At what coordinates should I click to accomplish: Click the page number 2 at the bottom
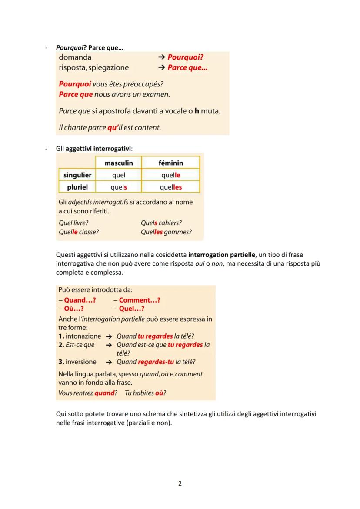point(180,483)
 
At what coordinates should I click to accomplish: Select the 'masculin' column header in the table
point(119,163)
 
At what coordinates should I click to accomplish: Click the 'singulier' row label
point(77,175)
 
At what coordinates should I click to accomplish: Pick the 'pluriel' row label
point(77,187)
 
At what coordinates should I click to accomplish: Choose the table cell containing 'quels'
point(119,187)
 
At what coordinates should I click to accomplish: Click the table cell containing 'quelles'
point(170,187)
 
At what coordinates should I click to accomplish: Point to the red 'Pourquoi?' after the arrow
point(186,57)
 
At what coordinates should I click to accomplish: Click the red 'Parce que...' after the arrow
point(187,68)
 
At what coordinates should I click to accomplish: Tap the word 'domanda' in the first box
point(75,57)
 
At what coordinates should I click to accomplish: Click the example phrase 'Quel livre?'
point(73,223)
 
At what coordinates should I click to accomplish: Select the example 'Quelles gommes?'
point(166,232)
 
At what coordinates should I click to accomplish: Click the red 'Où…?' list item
point(73,309)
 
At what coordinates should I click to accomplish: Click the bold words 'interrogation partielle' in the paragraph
point(222,254)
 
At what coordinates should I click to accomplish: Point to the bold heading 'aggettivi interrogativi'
point(98,149)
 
